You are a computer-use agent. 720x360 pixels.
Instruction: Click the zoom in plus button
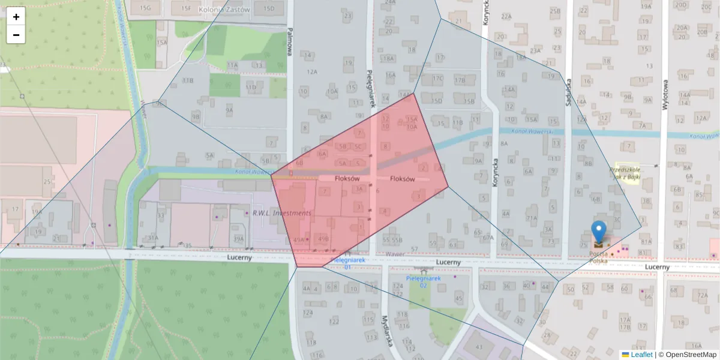point(16,17)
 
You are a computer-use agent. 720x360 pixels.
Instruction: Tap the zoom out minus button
point(16,35)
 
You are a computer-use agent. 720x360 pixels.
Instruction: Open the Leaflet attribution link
point(641,355)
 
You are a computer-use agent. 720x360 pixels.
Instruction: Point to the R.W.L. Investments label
point(282,213)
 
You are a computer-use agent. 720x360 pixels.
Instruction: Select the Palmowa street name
point(289,42)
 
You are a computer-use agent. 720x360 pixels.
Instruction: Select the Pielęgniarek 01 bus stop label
point(348,264)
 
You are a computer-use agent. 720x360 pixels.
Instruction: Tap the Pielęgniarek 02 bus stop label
point(424,281)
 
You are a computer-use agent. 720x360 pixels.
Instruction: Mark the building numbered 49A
point(298,239)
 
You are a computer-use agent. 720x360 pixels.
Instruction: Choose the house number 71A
point(531,218)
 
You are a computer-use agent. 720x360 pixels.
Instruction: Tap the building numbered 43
point(479,347)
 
